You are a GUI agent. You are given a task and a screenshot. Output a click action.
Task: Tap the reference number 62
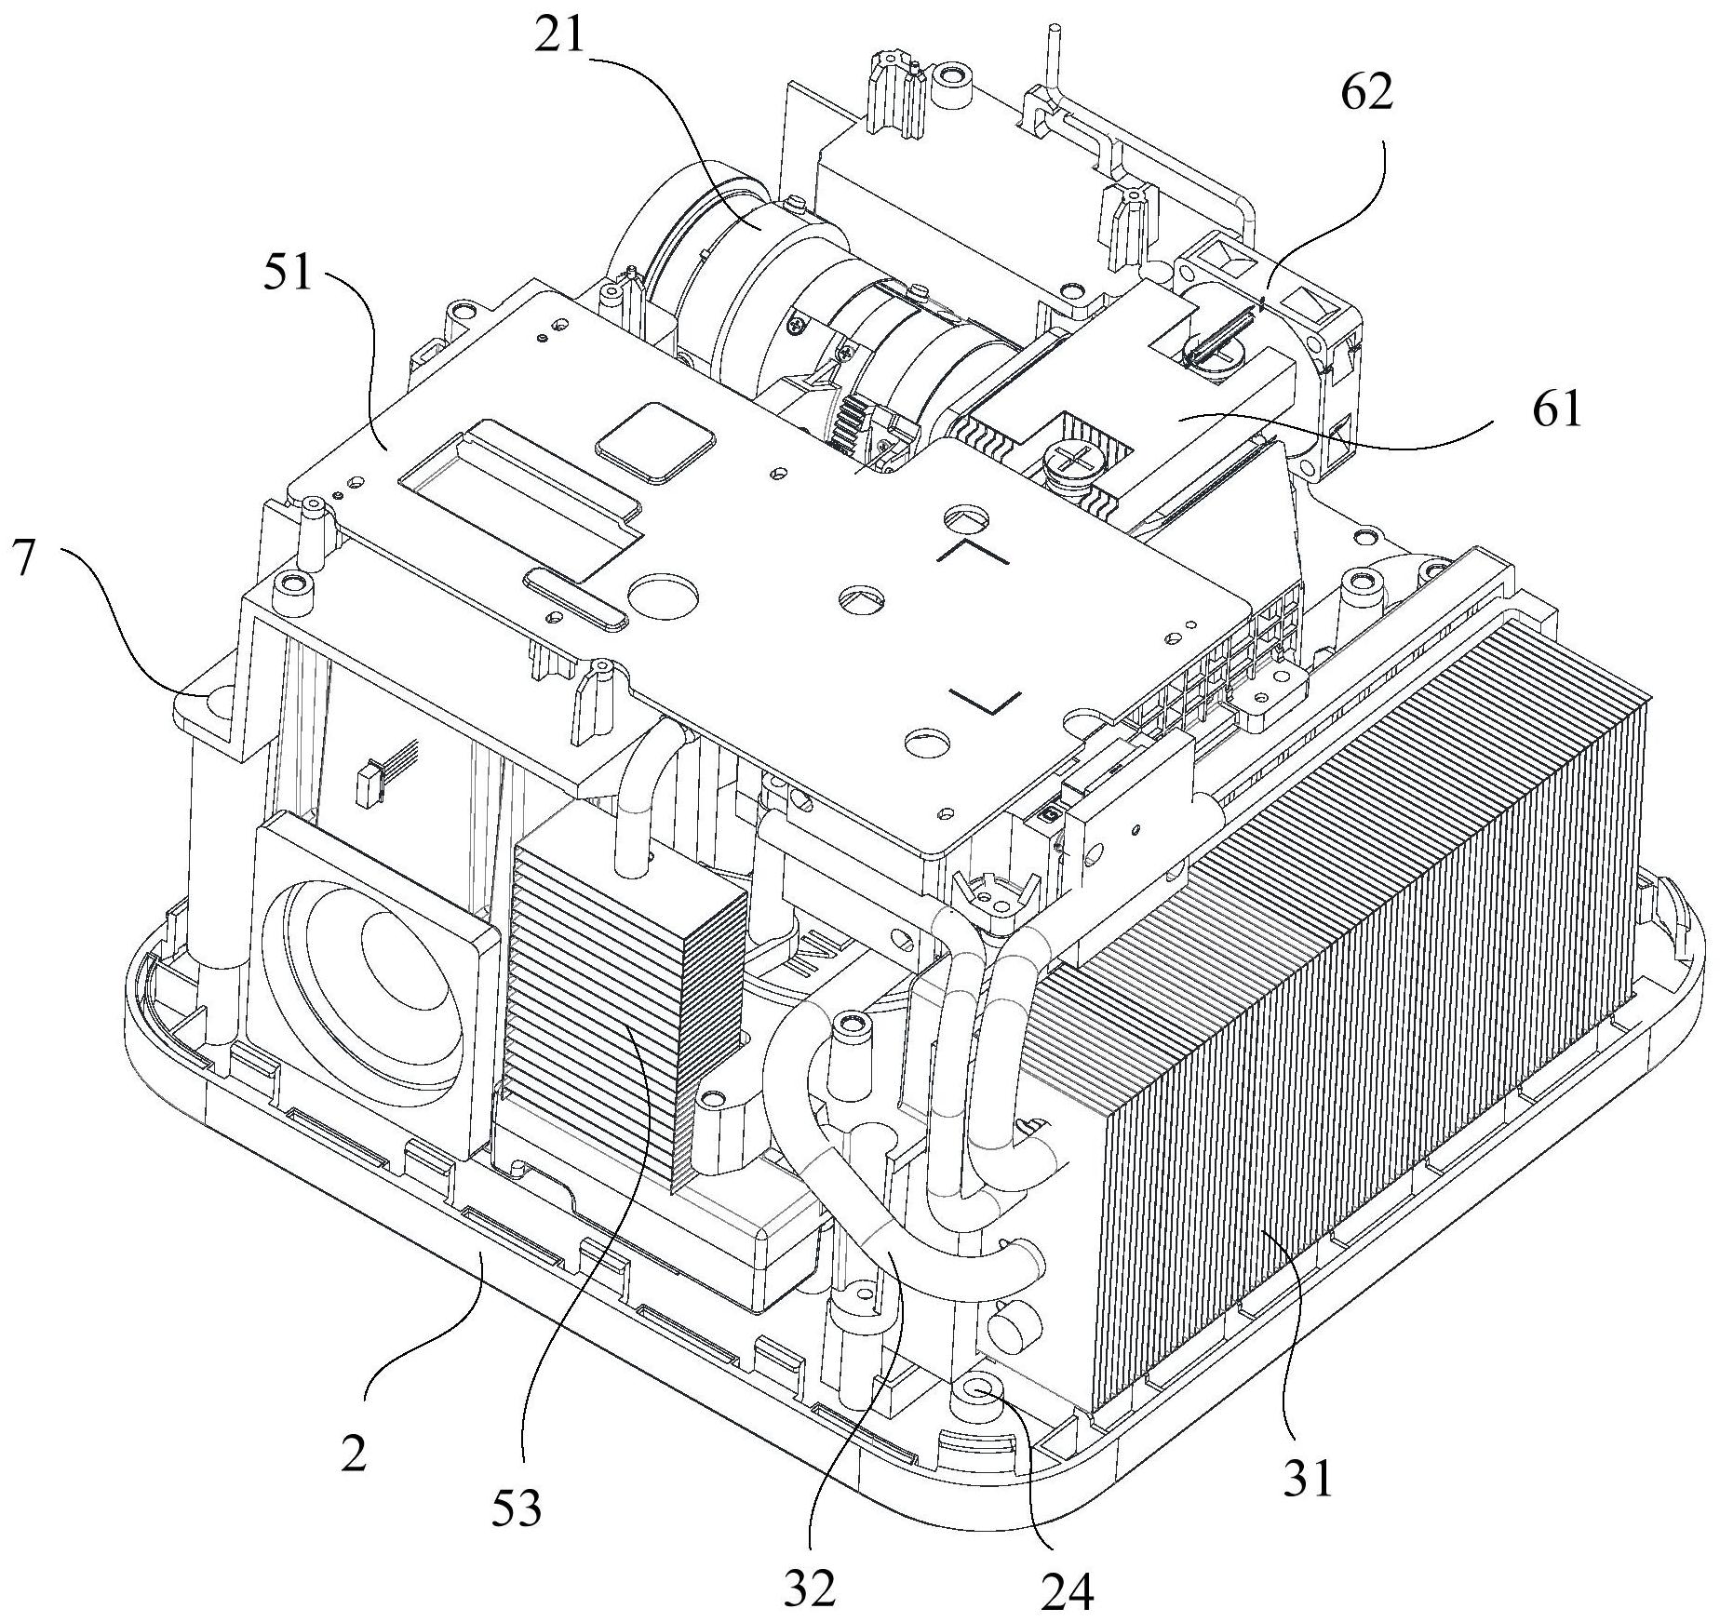coord(1367,93)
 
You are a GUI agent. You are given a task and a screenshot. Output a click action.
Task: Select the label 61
coord(1557,409)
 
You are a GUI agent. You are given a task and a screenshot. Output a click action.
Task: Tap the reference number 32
coord(809,1586)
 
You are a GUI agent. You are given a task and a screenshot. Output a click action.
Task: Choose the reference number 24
coord(1068,1592)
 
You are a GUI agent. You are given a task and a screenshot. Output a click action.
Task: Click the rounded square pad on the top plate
coord(657,442)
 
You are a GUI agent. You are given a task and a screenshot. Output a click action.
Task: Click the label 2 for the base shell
coord(353,1453)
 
